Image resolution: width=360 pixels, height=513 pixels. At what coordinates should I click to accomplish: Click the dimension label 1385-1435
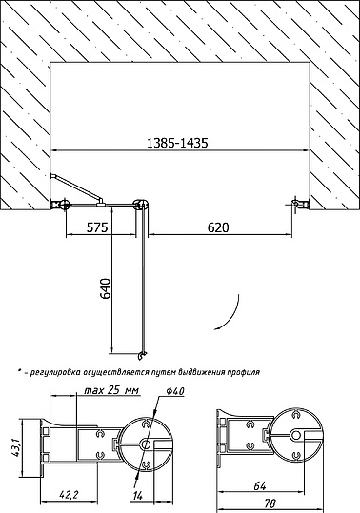click(x=177, y=143)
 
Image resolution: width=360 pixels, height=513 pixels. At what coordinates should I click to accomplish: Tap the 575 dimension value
click(x=97, y=227)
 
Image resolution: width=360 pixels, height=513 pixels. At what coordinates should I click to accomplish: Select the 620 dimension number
click(x=218, y=227)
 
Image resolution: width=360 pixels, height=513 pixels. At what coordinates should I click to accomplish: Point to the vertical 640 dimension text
click(x=106, y=289)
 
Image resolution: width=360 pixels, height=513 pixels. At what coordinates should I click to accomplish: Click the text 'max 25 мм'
click(x=111, y=390)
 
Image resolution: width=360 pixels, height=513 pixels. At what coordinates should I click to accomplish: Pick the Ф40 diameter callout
click(x=175, y=390)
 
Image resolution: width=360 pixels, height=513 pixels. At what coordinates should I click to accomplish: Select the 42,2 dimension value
click(x=69, y=494)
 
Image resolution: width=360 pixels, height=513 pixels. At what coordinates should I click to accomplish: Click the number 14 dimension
click(x=137, y=496)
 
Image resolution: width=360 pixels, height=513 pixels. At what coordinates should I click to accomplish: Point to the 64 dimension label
click(x=260, y=486)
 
